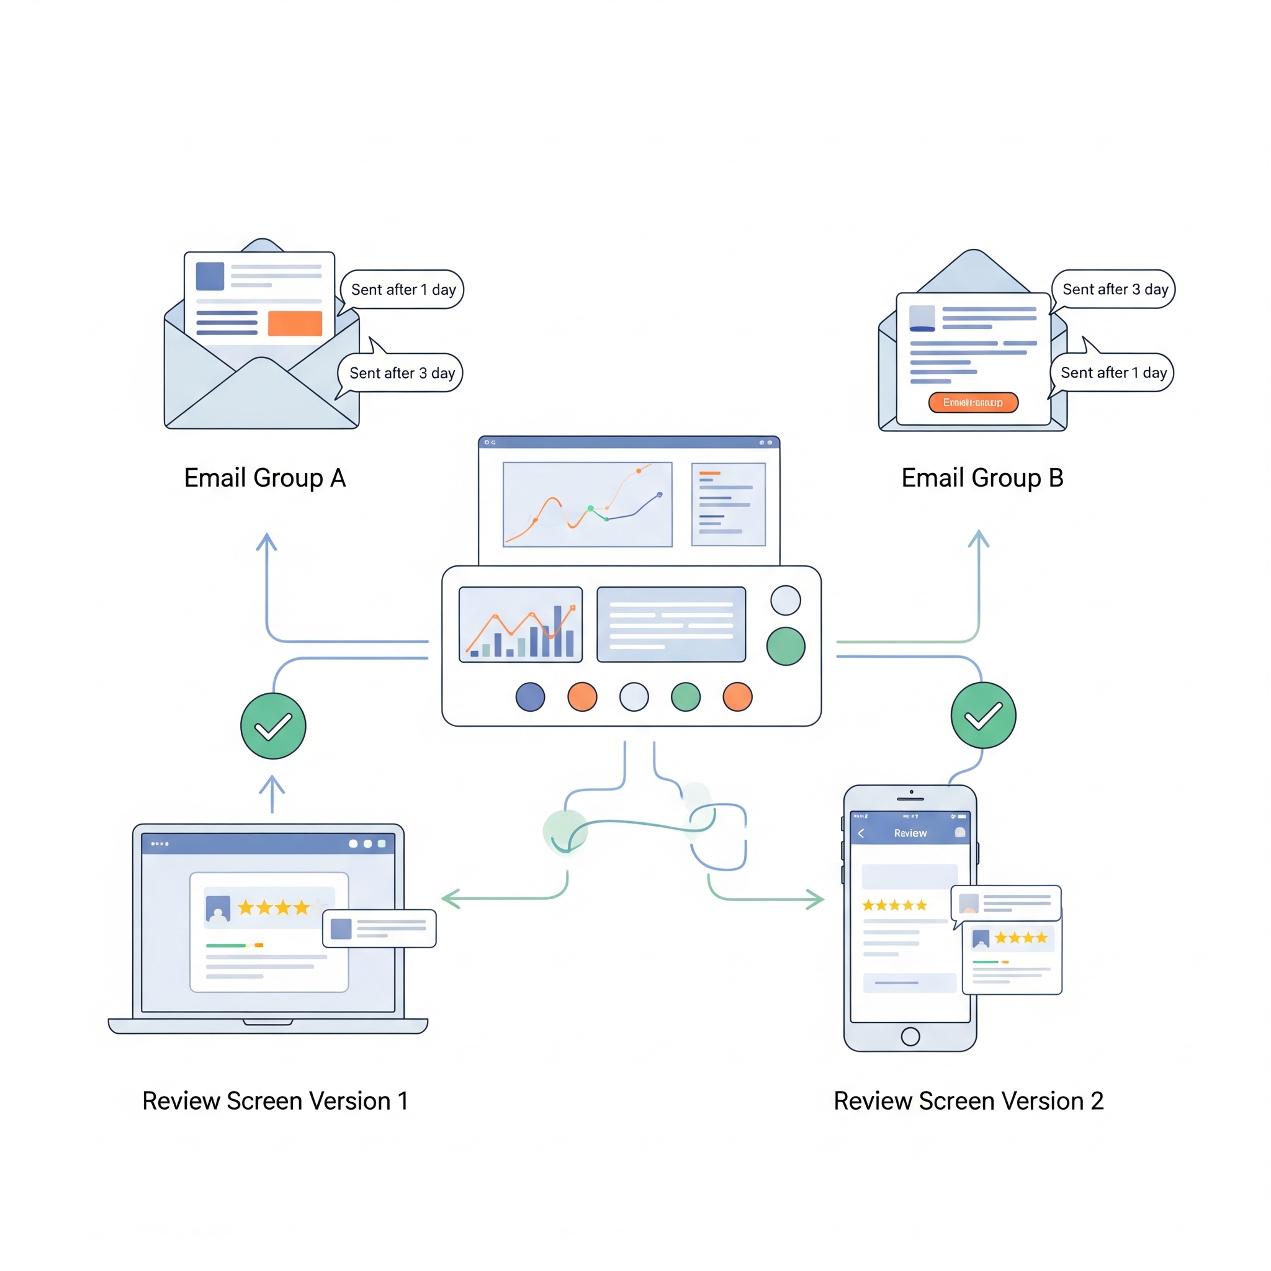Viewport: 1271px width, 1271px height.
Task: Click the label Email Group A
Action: click(x=264, y=478)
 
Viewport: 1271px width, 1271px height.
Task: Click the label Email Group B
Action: click(x=982, y=478)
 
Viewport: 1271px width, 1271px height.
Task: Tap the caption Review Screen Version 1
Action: click(x=275, y=1100)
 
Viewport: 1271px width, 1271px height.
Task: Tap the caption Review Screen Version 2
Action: click(x=968, y=1100)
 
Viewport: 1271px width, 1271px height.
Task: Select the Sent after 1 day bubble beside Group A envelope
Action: click(x=403, y=289)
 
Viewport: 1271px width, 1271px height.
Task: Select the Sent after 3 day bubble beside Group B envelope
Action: click(x=1115, y=289)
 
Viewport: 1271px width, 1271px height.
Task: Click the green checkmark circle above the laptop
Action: click(x=273, y=725)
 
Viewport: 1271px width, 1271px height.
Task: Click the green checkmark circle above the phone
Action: click(x=983, y=715)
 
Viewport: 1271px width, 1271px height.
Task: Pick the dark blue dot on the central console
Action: click(x=530, y=697)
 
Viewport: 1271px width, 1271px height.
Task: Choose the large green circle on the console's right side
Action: click(x=786, y=646)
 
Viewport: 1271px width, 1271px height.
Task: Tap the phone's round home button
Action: click(x=910, y=1036)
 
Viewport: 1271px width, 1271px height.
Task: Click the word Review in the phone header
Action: click(x=910, y=833)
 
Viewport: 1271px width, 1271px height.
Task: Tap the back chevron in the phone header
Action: click(x=861, y=833)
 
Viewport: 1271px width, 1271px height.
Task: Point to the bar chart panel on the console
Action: click(x=520, y=624)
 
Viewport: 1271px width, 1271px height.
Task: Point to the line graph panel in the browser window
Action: click(x=588, y=504)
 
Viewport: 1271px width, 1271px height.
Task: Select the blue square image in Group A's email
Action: click(x=210, y=276)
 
